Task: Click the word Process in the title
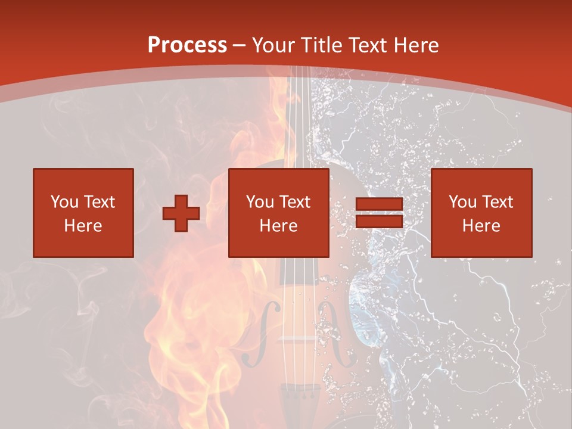187,45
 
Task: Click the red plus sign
181,213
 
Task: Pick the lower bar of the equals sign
379,222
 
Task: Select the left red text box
83,213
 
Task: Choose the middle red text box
279,213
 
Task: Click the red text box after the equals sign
481,213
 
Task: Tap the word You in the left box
64,202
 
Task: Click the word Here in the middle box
279,226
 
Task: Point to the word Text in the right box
498,202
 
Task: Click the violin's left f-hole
260,334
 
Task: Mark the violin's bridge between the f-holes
296,338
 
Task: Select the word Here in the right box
481,226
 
